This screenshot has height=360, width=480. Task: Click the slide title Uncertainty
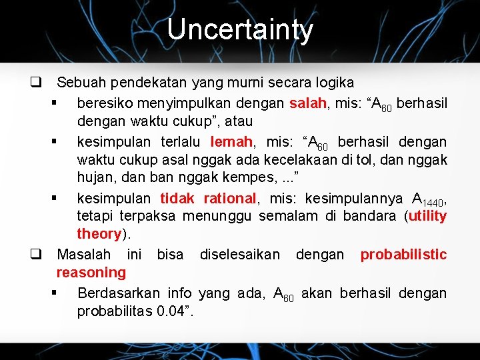click(239, 30)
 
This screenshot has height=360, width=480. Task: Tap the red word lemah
click(231, 141)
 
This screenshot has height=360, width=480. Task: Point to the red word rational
click(229, 198)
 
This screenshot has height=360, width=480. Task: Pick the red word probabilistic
click(403, 254)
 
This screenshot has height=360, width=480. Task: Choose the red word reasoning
click(91, 272)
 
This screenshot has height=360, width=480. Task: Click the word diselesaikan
click(240, 254)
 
